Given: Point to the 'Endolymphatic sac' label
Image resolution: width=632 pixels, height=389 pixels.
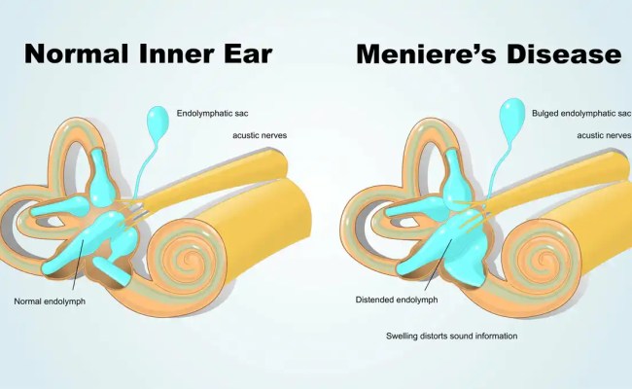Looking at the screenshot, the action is click(218, 113).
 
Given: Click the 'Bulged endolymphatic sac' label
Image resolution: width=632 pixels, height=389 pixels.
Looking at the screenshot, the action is click(579, 113).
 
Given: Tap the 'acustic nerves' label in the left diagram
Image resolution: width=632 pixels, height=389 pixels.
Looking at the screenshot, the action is click(260, 135).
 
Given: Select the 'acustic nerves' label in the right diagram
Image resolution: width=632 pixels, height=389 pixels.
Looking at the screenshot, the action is click(604, 135).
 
